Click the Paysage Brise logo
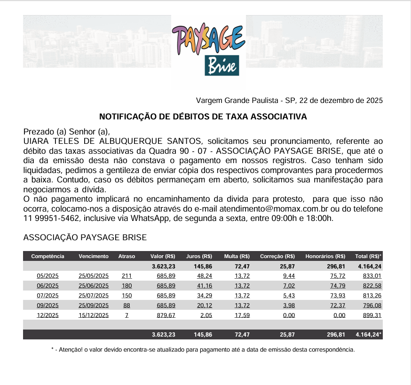pos(208,51)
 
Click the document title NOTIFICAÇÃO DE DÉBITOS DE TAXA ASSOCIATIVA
pos(203,117)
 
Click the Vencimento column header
pos(94,256)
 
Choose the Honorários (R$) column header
pos(325,256)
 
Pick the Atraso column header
pos(126,256)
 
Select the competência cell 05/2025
pos(47,276)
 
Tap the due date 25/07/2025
pos(94,295)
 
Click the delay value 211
pos(126,276)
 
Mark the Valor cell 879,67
pos(166,315)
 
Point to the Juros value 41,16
pos(205,285)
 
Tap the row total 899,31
pos(372,315)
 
